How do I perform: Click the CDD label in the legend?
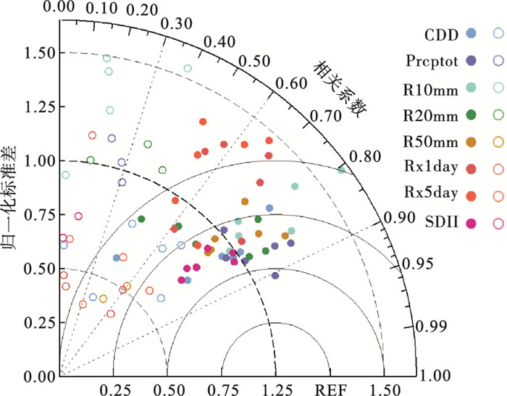pos(441,35)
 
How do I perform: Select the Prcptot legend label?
pos(432,61)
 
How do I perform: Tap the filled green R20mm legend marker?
pos(472,115)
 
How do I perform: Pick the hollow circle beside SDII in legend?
pos(498,224)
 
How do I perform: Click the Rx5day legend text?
pos(431,193)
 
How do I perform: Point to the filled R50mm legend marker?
pos(472,142)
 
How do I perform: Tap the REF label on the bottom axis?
pos(330,389)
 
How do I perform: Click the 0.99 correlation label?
pos(431,327)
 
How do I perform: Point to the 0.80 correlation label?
pos(365,156)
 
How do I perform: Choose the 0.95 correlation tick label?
pos(417,264)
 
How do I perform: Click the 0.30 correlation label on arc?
pos(177,24)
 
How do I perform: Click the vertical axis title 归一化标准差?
pos(9,198)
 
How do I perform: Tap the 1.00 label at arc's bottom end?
pos(435,376)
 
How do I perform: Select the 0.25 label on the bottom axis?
pos(115,389)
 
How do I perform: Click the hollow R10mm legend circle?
pos(498,88)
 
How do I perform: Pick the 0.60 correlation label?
pos(291,83)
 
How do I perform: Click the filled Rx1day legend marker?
pos(472,169)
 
